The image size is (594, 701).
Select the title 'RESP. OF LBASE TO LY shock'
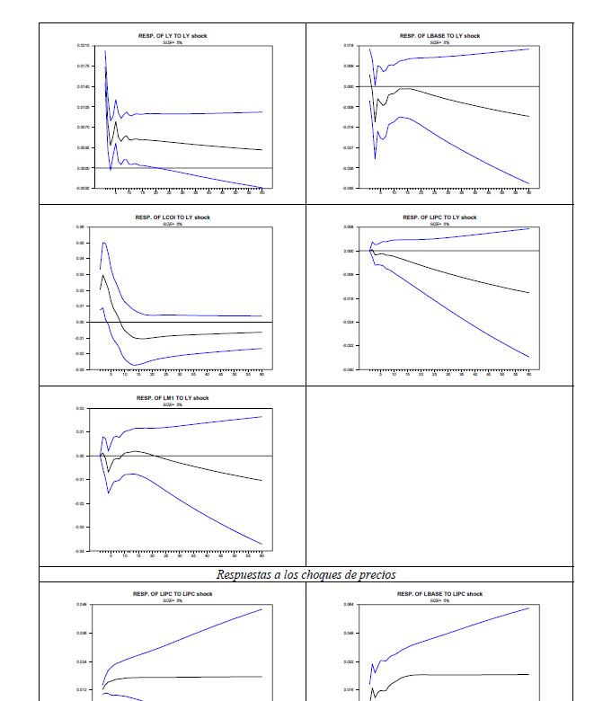coord(440,35)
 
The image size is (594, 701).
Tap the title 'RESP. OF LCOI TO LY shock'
coord(173,217)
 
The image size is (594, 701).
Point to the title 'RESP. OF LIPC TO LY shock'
coord(440,217)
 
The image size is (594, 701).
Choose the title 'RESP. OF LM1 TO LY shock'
coord(173,397)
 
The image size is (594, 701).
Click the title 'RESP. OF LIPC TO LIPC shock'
coord(173,593)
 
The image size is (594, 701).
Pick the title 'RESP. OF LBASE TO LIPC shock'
coord(440,593)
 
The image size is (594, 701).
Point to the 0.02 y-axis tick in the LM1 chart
coord(81,408)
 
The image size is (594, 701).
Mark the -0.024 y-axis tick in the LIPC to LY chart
coord(349,322)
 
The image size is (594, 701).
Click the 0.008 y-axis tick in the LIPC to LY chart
coord(349,227)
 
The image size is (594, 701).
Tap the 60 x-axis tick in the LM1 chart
coord(261,557)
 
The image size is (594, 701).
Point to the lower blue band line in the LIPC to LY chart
coord(449,310)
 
